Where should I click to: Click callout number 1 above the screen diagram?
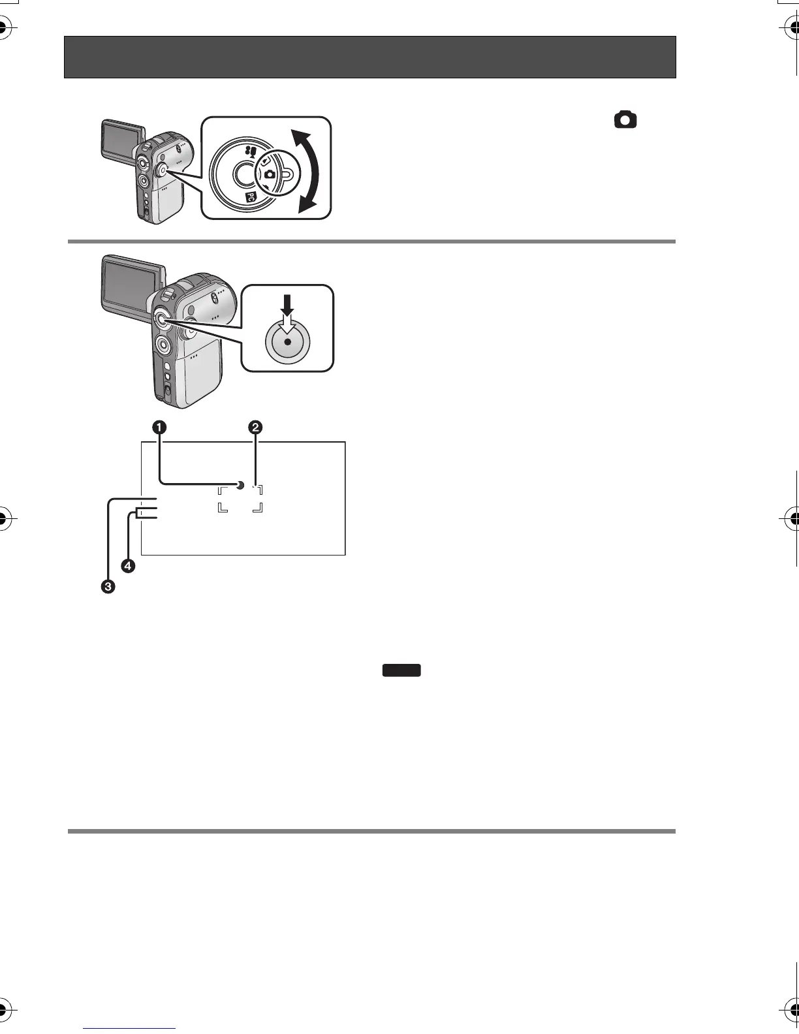(x=159, y=428)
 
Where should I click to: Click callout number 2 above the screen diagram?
(x=255, y=428)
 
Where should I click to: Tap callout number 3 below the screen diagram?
(x=107, y=587)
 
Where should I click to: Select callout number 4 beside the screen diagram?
(x=128, y=566)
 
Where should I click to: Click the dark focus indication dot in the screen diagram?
(x=240, y=485)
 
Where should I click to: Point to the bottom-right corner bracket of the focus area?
(x=259, y=509)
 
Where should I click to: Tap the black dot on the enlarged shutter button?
(x=287, y=341)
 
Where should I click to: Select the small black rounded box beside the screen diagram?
(x=401, y=670)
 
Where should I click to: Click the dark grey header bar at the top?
(x=369, y=57)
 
